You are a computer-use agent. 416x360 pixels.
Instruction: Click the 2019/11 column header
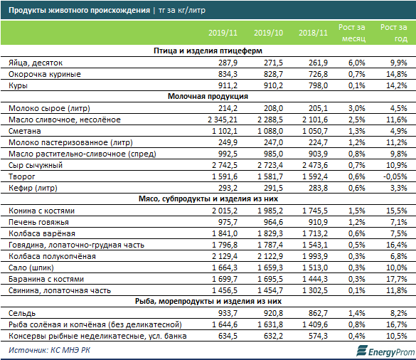(223, 33)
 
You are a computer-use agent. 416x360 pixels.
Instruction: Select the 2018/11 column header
(313, 33)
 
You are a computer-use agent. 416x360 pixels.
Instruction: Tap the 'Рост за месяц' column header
(352, 33)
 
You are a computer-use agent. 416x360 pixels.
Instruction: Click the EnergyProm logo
(385, 351)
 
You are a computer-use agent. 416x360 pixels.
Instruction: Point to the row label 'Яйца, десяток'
(36, 63)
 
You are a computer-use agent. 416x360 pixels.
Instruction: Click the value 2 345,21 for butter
(223, 120)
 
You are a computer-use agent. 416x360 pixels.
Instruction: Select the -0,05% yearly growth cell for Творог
(395, 176)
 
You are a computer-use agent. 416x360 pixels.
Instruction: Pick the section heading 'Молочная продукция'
(208, 96)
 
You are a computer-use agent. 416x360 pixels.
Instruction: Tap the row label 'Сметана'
(25, 131)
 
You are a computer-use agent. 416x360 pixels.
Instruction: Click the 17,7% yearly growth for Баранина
(397, 279)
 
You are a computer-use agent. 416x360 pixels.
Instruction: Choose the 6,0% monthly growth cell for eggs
(356, 63)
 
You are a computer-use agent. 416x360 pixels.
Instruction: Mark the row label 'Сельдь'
(22, 313)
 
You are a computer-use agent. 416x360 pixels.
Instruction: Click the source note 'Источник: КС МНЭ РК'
(49, 350)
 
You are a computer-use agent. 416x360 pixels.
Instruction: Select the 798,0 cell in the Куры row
(318, 85)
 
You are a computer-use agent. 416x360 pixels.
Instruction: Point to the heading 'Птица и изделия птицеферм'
(208, 51)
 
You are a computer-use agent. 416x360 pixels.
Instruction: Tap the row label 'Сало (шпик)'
(31, 268)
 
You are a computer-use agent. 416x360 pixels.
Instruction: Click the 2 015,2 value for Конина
(225, 211)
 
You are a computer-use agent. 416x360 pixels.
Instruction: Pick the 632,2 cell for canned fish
(273, 336)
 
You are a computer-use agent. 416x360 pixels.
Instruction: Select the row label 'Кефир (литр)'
(33, 188)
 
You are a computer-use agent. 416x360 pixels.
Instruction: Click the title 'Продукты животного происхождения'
(79, 11)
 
